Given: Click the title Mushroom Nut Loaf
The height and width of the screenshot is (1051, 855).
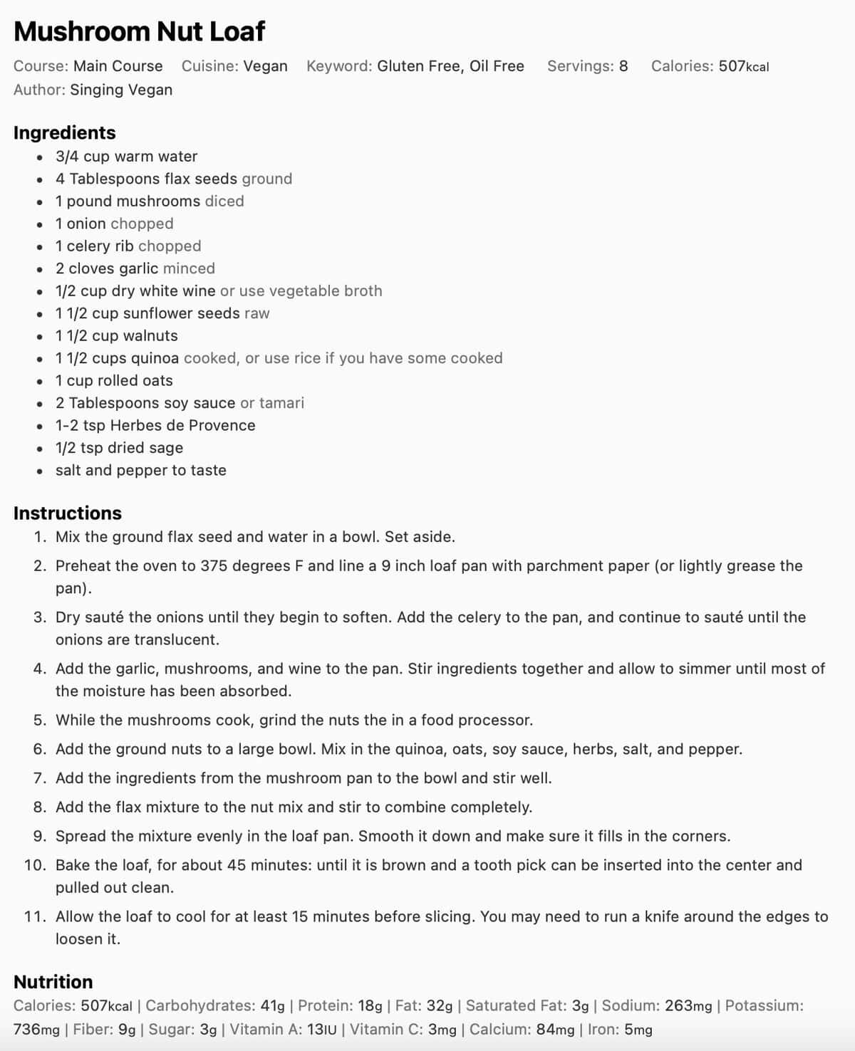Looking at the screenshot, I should click(x=139, y=31).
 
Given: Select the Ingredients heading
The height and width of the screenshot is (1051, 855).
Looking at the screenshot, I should click(x=64, y=132).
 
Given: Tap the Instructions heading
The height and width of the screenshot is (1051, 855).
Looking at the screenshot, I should click(x=67, y=513).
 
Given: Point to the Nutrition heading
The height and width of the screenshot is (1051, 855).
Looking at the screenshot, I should click(x=53, y=981).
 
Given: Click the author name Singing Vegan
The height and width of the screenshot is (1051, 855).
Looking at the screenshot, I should click(x=121, y=90).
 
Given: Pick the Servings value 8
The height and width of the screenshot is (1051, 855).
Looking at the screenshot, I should click(x=623, y=66).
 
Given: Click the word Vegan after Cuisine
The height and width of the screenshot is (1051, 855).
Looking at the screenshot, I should click(x=265, y=66).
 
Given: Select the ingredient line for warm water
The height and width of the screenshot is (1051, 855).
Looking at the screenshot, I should click(x=126, y=157).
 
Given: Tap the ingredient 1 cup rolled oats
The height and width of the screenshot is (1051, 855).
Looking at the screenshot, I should click(x=114, y=381).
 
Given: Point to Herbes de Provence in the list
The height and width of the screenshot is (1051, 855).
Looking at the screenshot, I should click(x=182, y=426).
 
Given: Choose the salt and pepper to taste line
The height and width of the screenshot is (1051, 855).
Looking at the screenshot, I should click(x=141, y=471).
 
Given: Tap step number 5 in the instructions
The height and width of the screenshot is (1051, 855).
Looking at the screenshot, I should click(x=40, y=720).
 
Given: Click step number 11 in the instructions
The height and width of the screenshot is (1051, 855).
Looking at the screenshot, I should click(x=35, y=916).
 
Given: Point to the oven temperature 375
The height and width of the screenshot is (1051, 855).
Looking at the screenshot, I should click(x=214, y=566).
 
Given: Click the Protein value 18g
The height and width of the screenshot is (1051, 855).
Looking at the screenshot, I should click(x=370, y=1005).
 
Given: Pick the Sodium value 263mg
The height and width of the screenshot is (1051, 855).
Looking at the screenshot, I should click(x=688, y=1005).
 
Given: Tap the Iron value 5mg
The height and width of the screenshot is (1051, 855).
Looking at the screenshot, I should click(x=638, y=1030).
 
